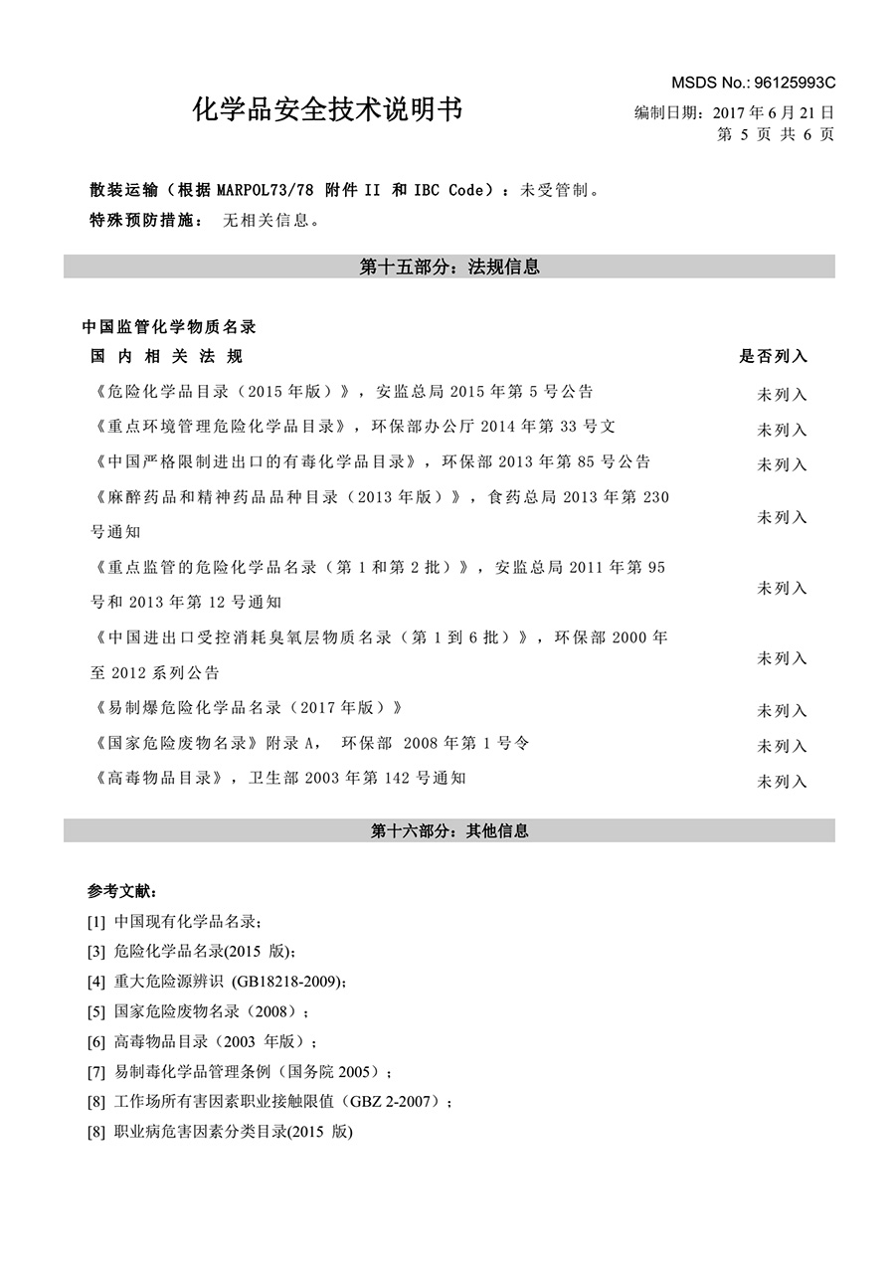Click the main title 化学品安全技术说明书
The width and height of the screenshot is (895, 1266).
pos(327,109)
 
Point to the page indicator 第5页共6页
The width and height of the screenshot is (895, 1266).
pos(775,134)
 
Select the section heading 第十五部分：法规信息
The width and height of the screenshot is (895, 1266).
pos(448,267)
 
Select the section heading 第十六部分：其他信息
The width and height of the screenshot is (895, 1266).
pos(448,830)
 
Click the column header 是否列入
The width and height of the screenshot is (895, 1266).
pos(772,356)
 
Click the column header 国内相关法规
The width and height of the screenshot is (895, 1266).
pos(166,356)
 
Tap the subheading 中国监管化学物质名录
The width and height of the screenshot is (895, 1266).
pos(169,326)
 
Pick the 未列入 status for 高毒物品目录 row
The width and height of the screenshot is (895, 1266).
pos(782,782)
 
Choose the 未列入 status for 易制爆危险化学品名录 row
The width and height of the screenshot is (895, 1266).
pos(782,711)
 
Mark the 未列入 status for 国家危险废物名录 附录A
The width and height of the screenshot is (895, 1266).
pos(782,746)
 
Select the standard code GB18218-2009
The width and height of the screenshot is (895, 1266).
pos(289,982)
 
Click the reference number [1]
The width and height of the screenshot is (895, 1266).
pos(96,922)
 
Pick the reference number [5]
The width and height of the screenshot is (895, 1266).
pos(96,1012)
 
